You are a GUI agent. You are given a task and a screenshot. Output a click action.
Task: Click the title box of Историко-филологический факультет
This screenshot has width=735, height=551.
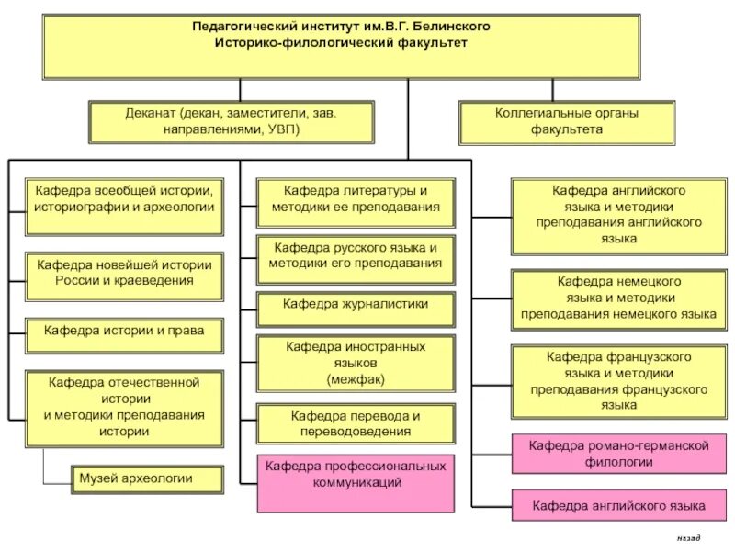[x=341, y=46]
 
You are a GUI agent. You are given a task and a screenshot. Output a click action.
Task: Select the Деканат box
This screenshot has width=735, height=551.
[x=232, y=121]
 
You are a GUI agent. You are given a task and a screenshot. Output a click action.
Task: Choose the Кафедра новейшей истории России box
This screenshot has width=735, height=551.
[x=124, y=273]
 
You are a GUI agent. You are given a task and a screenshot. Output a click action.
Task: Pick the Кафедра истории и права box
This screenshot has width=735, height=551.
[x=124, y=330]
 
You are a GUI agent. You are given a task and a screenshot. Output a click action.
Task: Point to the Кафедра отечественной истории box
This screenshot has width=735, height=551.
[x=124, y=406]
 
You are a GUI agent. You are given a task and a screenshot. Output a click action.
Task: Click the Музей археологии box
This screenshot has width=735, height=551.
[x=148, y=478]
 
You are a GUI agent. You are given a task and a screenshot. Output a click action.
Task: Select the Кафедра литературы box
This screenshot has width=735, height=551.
[x=356, y=199]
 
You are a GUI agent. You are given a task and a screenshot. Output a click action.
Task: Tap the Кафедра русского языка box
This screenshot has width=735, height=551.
[x=356, y=256]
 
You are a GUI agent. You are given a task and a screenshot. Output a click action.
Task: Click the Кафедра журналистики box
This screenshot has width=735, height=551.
[x=356, y=304]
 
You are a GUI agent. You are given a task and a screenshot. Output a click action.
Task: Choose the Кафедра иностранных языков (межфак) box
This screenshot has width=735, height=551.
[x=356, y=362]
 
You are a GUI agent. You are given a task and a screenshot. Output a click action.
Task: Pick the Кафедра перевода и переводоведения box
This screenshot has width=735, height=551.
[x=356, y=423]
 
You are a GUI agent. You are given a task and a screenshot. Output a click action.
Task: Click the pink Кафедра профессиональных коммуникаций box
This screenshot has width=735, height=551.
[x=356, y=474]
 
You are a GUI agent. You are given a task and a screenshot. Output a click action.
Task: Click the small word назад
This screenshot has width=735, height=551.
[x=688, y=537]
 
